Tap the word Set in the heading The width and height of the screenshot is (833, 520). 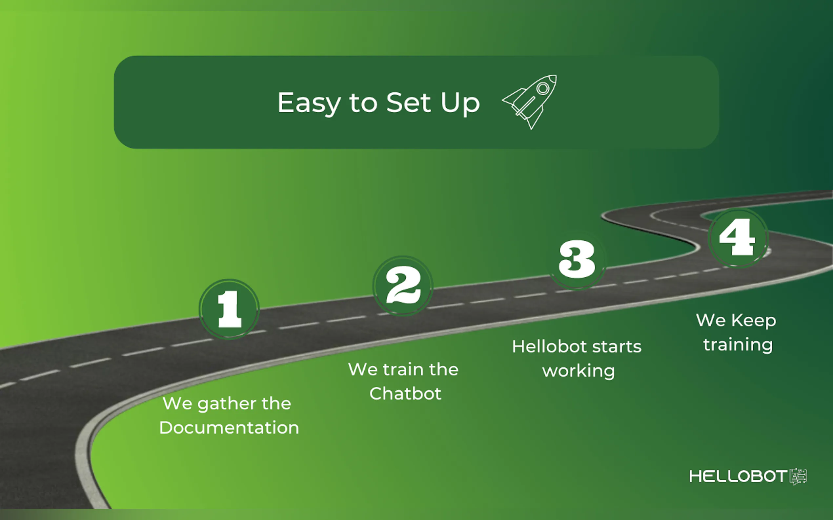(x=408, y=102)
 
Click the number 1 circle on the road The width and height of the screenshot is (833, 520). (x=229, y=309)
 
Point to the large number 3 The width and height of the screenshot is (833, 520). (x=577, y=260)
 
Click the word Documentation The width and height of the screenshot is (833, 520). (x=229, y=427)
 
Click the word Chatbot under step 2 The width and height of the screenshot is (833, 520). (x=405, y=394)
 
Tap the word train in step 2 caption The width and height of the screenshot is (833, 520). (x=403, y=369)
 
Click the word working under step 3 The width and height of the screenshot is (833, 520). (x=579, y=371)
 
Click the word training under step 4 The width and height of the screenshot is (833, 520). (x=738, y=344)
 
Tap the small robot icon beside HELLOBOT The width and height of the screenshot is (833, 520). (x=798, y=476)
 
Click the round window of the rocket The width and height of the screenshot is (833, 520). (x=543, y=88)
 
